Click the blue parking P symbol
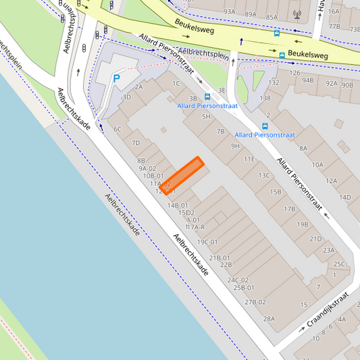pos(116,79)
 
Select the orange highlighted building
pos(182,176)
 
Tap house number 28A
pos(269,318)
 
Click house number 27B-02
pos(255,302)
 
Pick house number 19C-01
pos(207,242)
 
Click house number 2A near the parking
pos(138,86)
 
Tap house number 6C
pos(117,129)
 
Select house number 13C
pos(263,176)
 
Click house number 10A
pos(317,165)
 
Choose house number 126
pos(294,73)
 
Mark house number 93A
pos(230,12)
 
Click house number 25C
pos(338,264)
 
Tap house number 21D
pos(315,238)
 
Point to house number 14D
pos(345,197)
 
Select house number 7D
pos(136,143)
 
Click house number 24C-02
pos(238,280)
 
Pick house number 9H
pos(235,146)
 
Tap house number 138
pos(265,98)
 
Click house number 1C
pos(176,84)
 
